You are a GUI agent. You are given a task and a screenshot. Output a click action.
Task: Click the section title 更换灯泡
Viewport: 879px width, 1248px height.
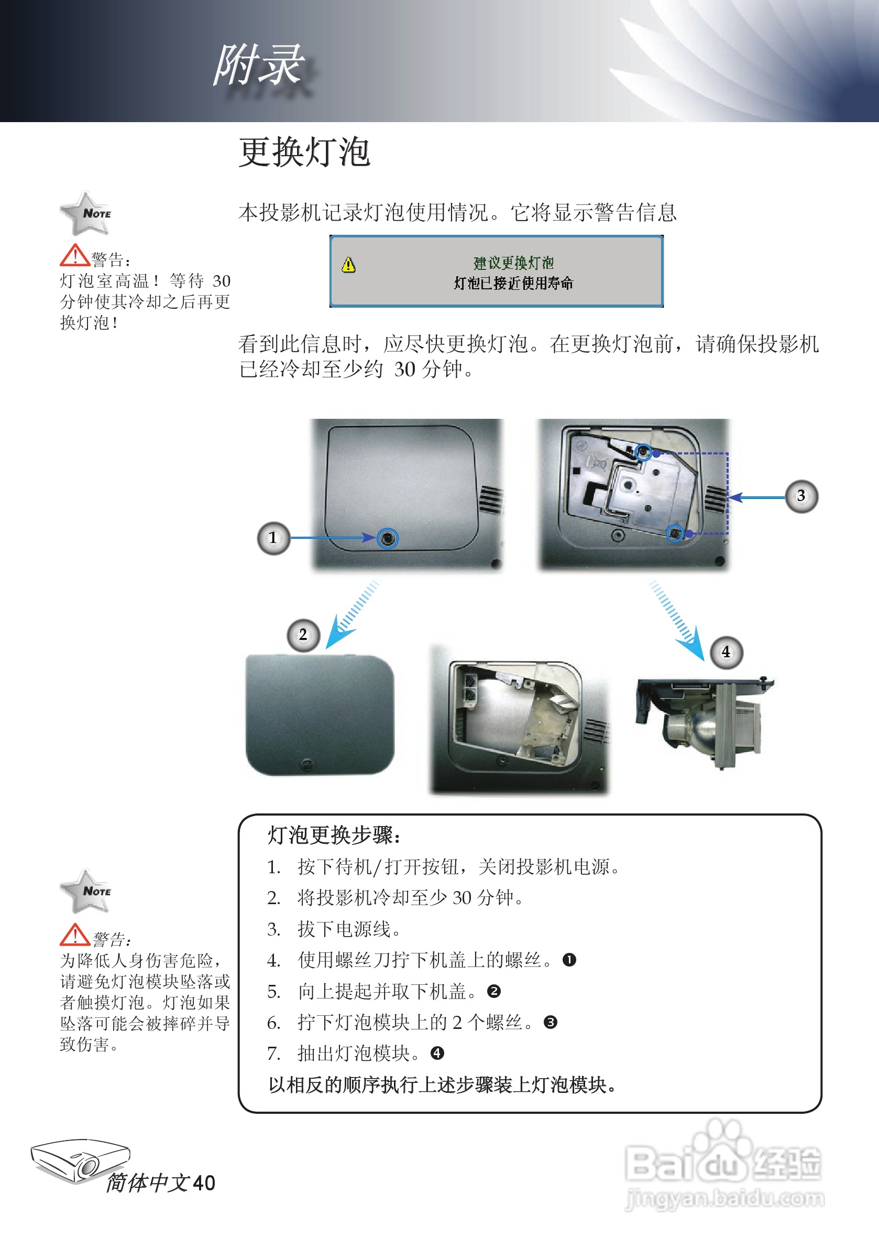[304, 151]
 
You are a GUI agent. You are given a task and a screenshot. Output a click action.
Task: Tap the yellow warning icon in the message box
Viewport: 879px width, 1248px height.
[348, 265]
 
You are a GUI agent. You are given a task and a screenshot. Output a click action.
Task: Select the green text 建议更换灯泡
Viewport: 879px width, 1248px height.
[513, 263]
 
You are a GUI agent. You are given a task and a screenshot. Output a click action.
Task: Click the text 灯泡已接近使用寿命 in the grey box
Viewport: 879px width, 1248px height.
[513, 283]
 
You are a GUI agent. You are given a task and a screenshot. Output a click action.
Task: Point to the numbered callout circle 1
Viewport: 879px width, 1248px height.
[273, 538]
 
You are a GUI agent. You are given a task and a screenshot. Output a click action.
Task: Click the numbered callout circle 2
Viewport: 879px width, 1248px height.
[303, 635]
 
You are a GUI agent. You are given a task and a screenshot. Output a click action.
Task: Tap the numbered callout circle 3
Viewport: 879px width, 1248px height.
[801, 496]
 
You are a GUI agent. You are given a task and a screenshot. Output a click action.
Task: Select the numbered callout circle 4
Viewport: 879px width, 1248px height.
[727, 652]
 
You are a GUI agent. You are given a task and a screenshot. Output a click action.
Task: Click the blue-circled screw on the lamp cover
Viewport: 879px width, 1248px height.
[387, 538]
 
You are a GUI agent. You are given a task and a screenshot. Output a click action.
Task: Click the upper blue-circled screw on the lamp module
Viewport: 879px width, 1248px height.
[643, 452]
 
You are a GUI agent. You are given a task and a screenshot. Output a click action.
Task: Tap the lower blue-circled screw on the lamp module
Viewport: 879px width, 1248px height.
[675, 533]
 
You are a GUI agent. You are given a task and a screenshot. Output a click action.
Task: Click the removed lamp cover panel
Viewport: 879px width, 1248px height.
[320, 715]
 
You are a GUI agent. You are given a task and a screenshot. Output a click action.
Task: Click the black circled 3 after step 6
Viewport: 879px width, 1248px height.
[551, 1023]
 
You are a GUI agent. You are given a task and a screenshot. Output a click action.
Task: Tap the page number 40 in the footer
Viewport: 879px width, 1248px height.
[204, 1184]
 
